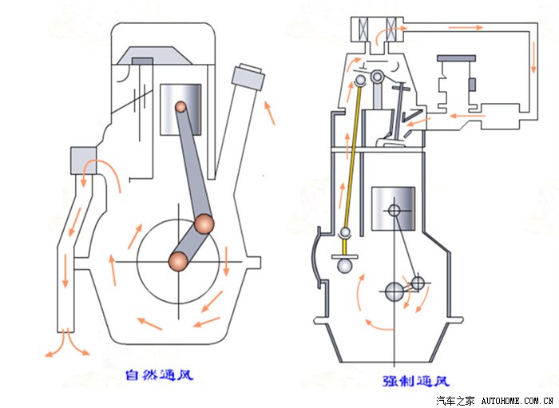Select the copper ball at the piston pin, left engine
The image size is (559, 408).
pos(181,105)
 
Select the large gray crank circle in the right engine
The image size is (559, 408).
pos(395,291)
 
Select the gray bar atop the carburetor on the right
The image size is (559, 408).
pos(456,58)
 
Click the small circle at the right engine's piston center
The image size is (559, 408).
pos(394,211)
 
